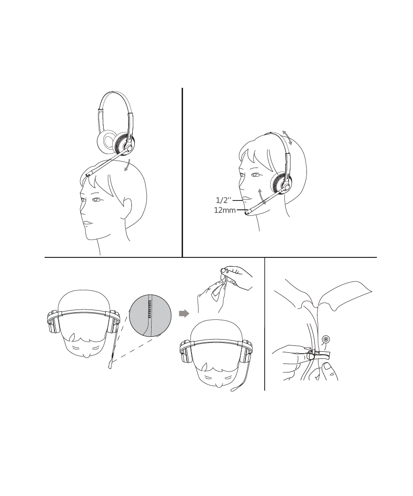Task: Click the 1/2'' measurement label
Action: [224, 200]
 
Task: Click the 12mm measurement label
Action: [225, 210]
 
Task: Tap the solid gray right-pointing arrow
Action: [184, 313]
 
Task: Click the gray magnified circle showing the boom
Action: [150, 315]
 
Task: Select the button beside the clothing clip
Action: [325, 340]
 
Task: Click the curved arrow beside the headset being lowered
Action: [127, 166]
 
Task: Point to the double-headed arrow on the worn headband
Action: [287, 137]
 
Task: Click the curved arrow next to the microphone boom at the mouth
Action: [261, 196]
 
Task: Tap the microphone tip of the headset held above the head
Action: [88, 174]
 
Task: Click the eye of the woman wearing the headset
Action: [255, 175]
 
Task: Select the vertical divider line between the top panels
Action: [182, 172]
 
